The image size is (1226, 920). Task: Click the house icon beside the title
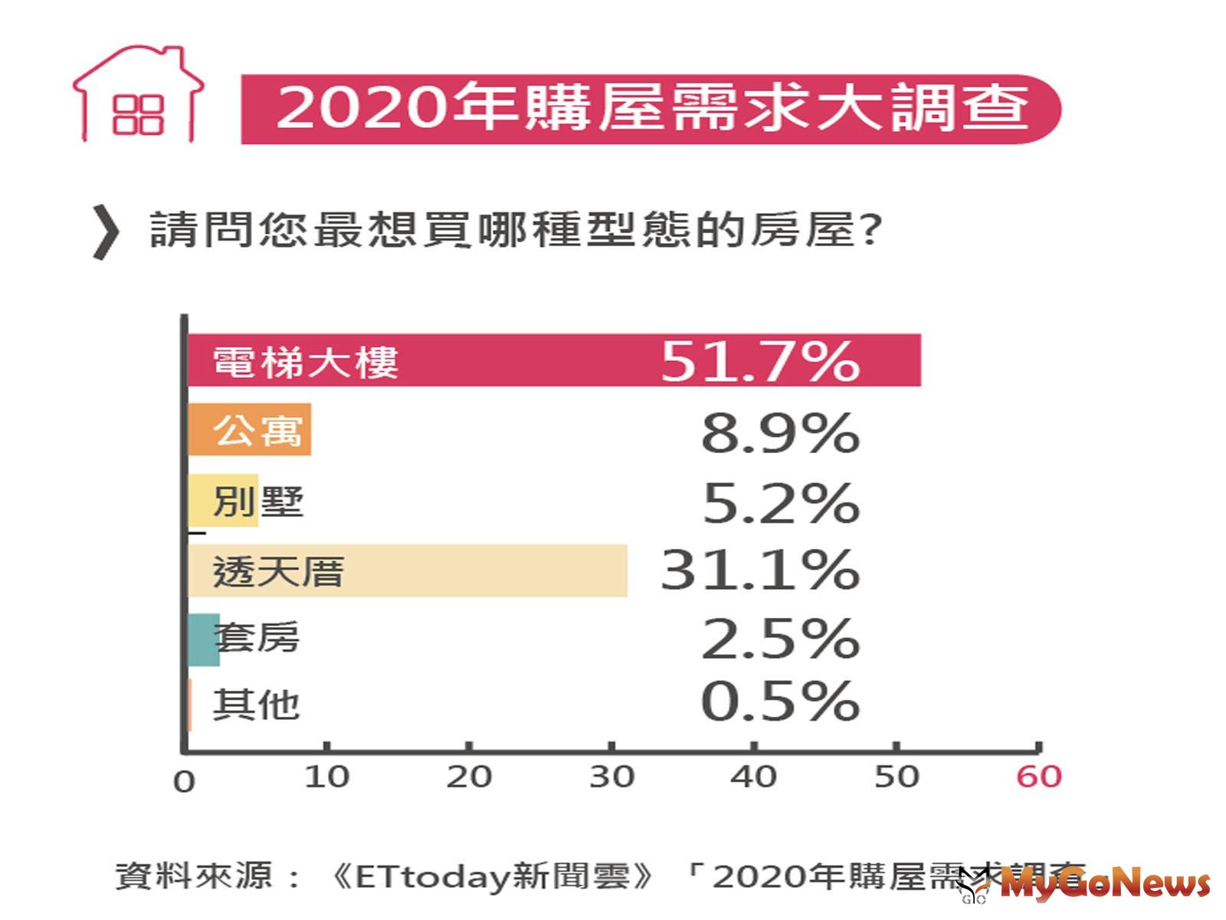138,96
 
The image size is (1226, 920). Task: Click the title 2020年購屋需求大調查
651,108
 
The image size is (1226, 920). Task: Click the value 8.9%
780,433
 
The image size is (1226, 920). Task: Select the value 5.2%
780,503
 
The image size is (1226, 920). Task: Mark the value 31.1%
759,570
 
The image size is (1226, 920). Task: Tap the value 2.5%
780,639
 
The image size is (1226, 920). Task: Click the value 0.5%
780,701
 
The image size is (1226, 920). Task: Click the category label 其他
256,704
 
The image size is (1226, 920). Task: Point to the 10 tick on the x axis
326,777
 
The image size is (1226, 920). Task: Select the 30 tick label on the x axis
611,777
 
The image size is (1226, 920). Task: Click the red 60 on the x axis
1038,777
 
